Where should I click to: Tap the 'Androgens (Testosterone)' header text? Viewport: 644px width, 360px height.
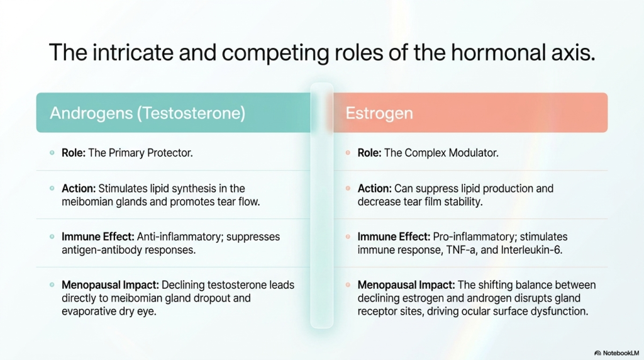(147, 113)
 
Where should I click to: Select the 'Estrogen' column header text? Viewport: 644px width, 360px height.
(379, 113)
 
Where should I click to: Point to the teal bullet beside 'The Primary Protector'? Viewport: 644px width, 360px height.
(52, 153)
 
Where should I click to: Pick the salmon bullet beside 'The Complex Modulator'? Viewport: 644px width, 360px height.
(348, 153)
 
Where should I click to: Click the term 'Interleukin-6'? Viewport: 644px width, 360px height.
(531, 250)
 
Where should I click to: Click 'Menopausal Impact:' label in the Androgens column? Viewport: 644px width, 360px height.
(110, 285)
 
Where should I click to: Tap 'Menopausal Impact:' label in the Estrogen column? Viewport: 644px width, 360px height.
(406, 285)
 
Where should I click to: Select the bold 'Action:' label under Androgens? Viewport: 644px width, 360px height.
(79, 189)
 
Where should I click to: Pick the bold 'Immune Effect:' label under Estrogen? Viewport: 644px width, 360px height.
(394, 237)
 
